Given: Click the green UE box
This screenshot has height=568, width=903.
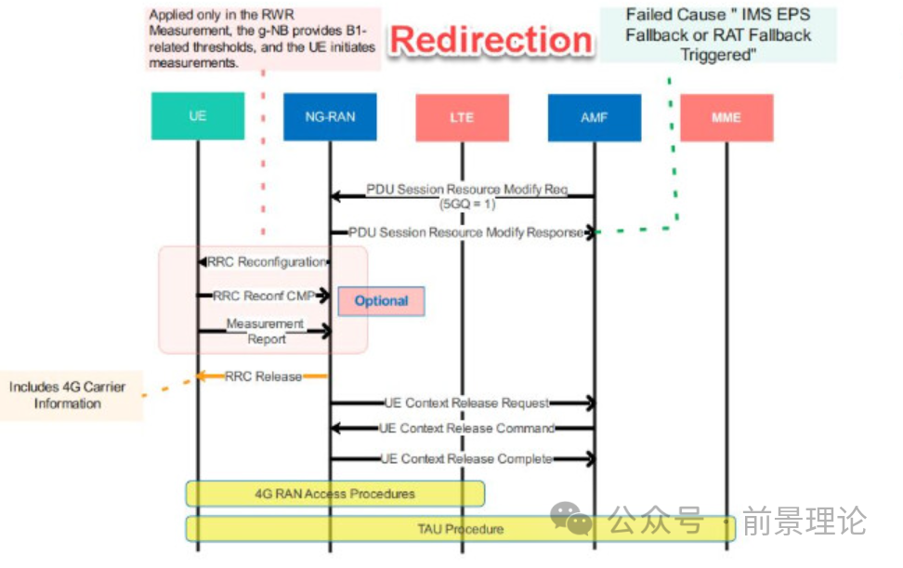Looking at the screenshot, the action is click(198, 116).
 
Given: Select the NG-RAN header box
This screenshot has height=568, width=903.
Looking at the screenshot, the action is click(330, 117).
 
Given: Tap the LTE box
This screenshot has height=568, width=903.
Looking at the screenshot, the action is click(462, 117).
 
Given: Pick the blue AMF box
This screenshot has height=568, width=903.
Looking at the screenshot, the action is click(595, 117).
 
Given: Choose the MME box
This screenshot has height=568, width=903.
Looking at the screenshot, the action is click(726, 117).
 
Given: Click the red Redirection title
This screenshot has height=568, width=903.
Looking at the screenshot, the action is click(491, 40).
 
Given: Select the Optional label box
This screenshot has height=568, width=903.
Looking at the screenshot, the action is click(381, 300).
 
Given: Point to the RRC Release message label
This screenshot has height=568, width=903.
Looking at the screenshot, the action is click(263, 376).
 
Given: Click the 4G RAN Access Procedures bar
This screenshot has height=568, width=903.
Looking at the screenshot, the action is click(335, 494).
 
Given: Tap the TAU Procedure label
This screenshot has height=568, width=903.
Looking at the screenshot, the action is click(461, 529).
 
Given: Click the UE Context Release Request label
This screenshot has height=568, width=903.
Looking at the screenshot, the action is click(466, 403).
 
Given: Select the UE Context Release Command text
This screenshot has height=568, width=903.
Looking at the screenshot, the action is click(466, 428).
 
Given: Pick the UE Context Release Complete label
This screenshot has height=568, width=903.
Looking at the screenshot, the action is click(466, 458).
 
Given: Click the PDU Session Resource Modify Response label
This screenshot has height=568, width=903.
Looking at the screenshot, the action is click(465, 232).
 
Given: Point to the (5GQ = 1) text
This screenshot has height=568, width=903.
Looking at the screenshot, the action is click(467, 204).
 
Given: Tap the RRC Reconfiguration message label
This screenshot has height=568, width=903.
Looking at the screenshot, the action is click(267, 262).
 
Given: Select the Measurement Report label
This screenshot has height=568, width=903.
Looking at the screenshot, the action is click(266, 331).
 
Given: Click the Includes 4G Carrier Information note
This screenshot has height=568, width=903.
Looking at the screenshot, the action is click(68, 395).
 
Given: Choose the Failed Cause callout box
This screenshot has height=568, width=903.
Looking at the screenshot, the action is click(718, 34).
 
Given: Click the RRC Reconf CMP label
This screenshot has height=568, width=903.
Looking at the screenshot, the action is click(265, 296).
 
